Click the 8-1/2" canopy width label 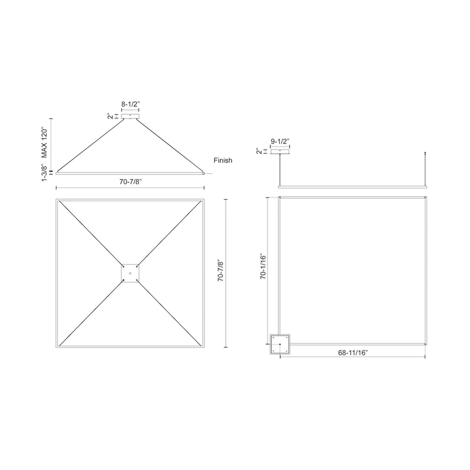point(130,104)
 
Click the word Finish point(223,160)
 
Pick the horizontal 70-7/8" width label point(130,182)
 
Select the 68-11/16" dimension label point(353,353)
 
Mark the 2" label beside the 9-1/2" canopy point(259,152)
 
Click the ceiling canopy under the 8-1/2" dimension point(130,116)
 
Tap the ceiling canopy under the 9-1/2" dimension point(280,152)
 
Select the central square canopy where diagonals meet point(130,273)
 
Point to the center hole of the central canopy point(130,273)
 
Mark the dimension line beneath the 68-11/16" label point(353,357)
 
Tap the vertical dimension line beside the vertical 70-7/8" point(227,273)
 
